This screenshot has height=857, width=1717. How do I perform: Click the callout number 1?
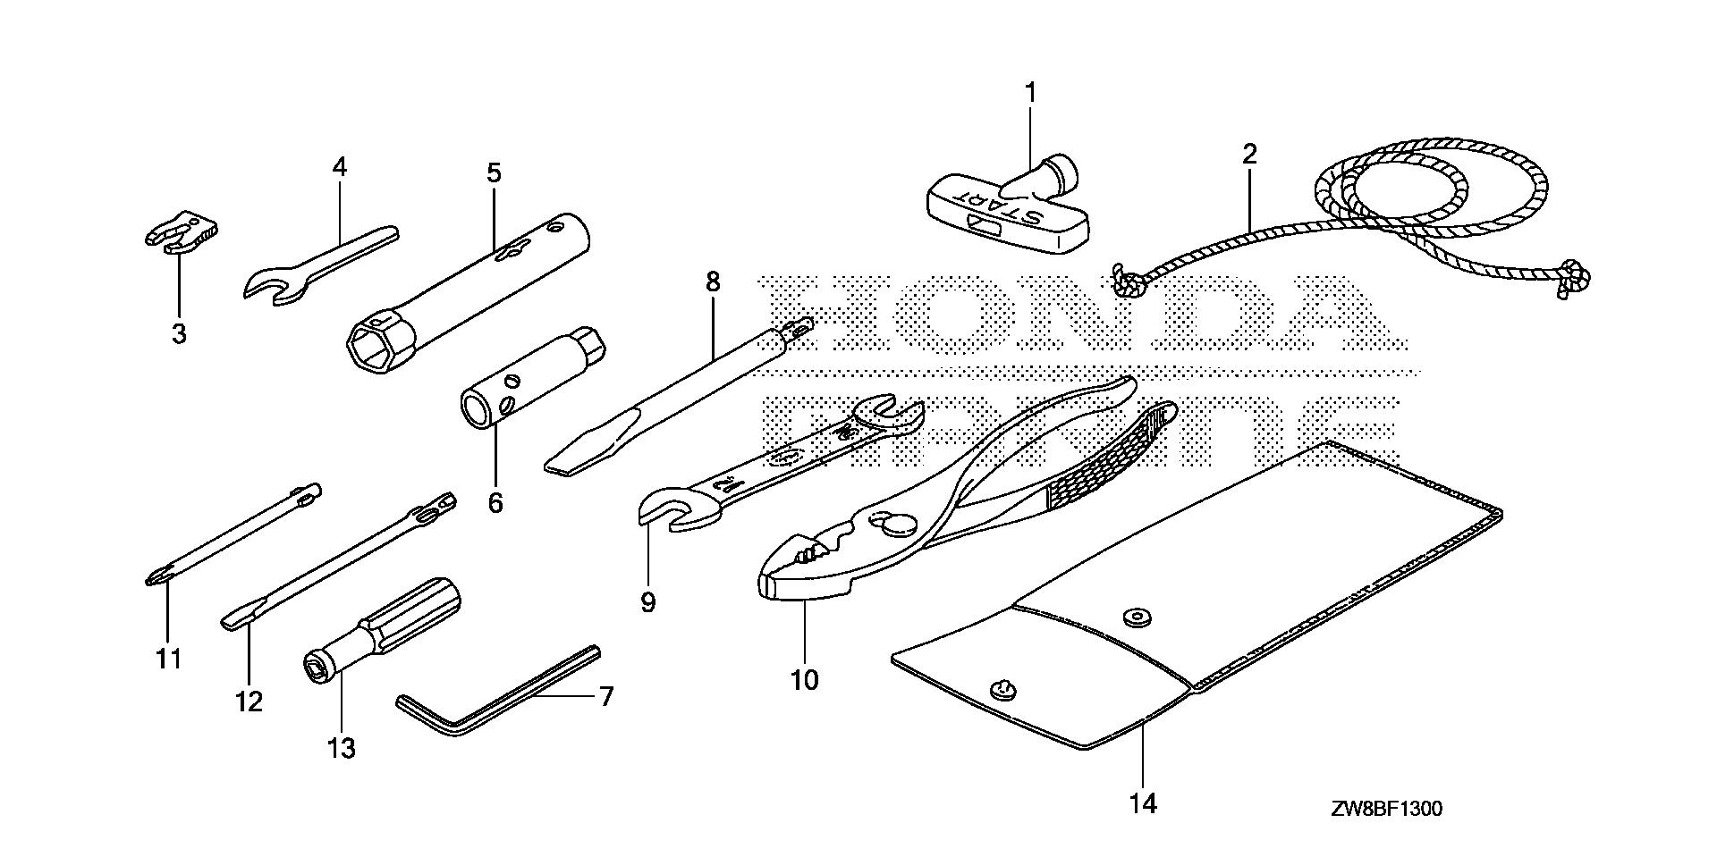click(x=1030, y=92)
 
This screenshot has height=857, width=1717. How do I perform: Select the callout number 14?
click(x=1143, y=804)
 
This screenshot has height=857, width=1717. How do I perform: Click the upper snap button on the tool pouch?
click(x=1138, y=617)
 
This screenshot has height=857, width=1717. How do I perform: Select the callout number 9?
click(x=648, y=602)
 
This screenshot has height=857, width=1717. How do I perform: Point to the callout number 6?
click(x=495, y=502)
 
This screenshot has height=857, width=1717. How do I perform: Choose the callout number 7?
click(x=606, y=696)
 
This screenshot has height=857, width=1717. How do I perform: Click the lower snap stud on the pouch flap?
click(x=1002, y=688)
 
